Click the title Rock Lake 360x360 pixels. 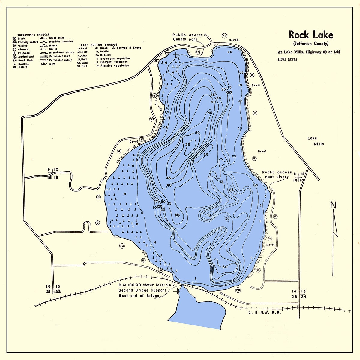tap(310, 35)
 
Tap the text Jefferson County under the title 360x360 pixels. tap(311, 44)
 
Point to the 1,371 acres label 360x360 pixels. tap(287, 59)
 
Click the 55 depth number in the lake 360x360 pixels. tap(188, 144)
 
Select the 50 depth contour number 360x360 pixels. tap(197, 133)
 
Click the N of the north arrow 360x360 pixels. tap(333, 205)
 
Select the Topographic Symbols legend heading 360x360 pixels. tap(34, 35)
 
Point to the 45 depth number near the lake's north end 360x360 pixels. tap(210, 112)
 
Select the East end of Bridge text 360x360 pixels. tap(139, 296)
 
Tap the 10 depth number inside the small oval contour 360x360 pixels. tap(209, 214)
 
